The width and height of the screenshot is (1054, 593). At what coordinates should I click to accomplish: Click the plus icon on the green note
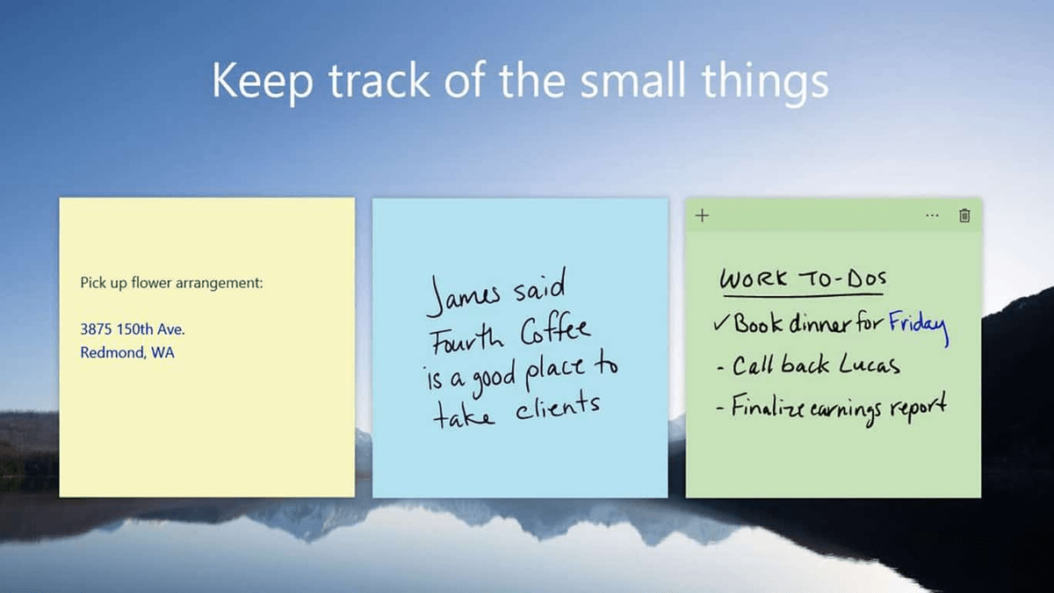[x=702, y=215]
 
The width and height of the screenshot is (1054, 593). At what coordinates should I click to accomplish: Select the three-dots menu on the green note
[x=932, y=215]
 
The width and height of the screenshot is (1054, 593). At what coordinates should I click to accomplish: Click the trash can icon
[x=964, y=215]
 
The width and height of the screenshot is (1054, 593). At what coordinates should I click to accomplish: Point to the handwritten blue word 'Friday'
[x=918, y=325]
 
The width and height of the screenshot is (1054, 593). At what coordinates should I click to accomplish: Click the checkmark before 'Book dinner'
[x=721, y=324]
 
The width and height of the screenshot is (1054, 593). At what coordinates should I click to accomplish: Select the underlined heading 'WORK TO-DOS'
[x=803, y=280]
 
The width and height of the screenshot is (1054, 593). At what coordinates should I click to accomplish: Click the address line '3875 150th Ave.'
[x=133, y=330]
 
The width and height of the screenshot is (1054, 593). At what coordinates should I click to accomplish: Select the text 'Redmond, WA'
[x=126, y=353]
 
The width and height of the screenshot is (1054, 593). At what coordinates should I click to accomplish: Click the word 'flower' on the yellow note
[x=148, y=283]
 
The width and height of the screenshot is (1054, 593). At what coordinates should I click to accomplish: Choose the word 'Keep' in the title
[x=261, y=81]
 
